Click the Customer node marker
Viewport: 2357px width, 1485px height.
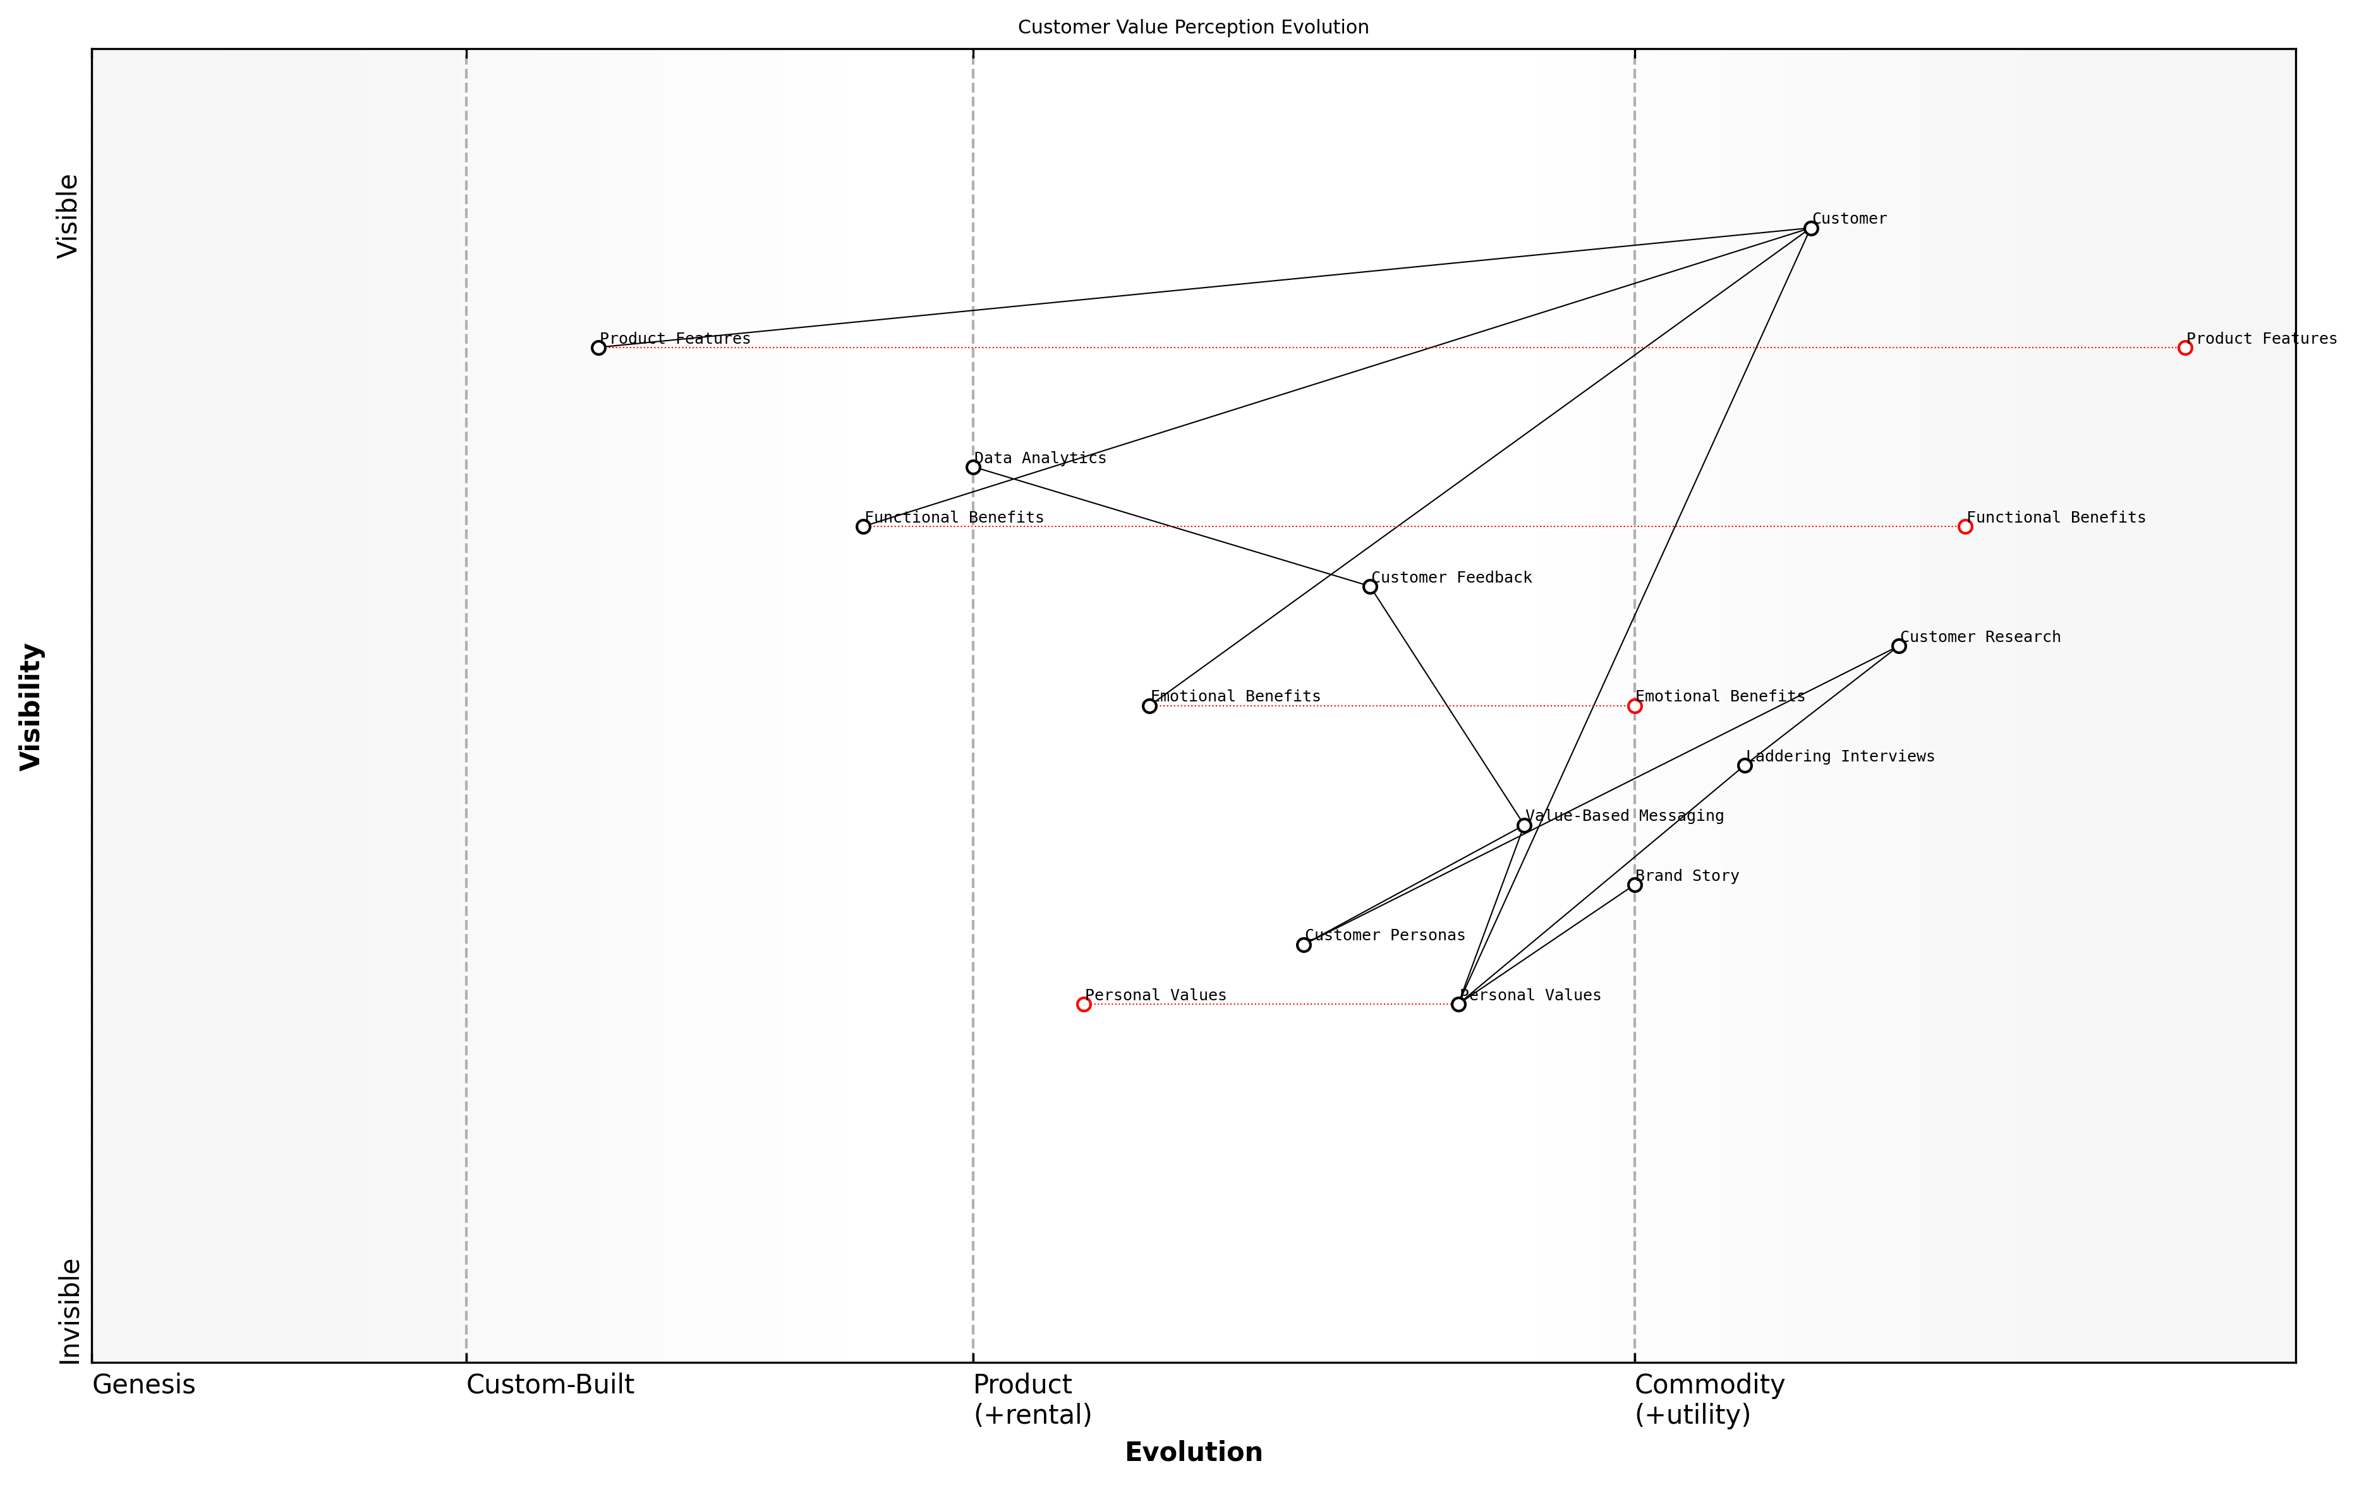pyautogui.click(x=1811, y=228)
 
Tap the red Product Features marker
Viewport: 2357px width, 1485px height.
pyautogui.click(x=2184, y=348)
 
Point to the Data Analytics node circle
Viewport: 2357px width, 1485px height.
pyautogui.click(x=973, y=467)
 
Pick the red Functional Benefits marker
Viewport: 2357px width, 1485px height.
pyautogui.click(x=1965, y=526)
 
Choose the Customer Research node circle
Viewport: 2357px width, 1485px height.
pyautogui.click(x=1899, y=646)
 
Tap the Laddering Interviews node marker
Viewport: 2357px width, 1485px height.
pyautogui.click(x=1744, y=765)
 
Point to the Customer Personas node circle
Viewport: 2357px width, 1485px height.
pyautogui.click(x=1304, y=945)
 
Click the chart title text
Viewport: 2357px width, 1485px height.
pyautogui.click(x=1193, y=27)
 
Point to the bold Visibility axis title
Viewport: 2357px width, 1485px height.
pyautogui.click(x=32, y=706)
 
